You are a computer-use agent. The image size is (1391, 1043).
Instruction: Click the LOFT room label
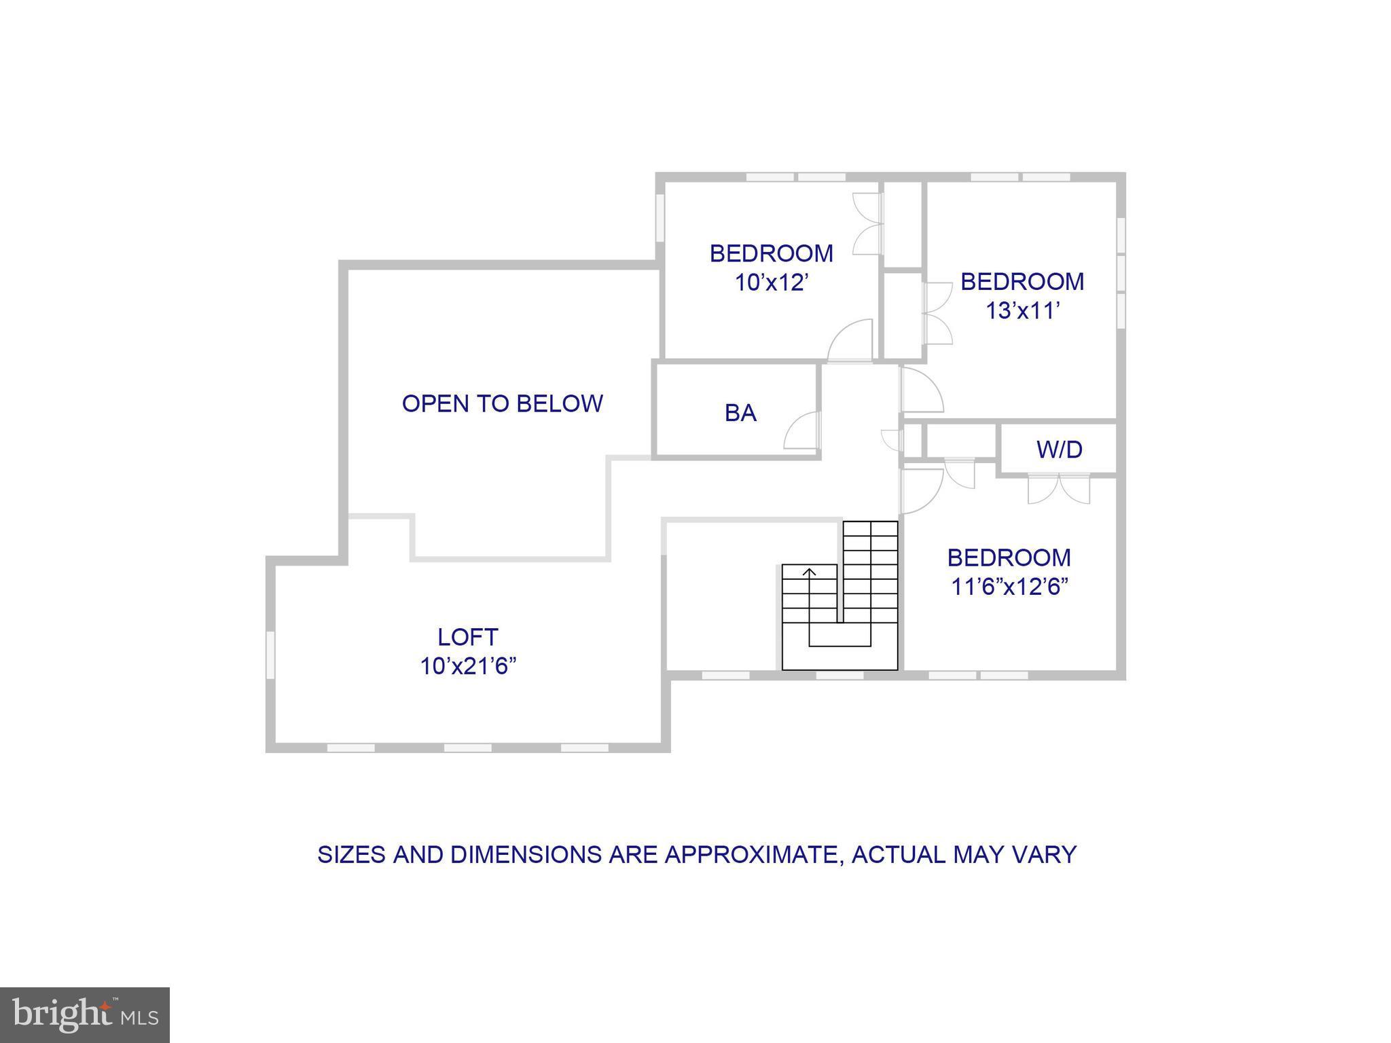click(x=467, y=637)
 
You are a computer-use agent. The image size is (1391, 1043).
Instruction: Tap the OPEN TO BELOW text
click(x=502, y=403)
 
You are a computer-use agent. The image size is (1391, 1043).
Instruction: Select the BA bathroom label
click(x=740, y=413)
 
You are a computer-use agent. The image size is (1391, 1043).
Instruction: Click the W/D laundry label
click(x=1059, y=449)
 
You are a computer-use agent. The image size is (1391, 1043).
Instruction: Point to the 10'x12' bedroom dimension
click(x=771, y=282)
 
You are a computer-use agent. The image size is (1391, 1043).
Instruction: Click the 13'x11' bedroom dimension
click(x=1022, y=311)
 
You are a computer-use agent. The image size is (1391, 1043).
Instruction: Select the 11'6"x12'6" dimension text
click(x=1009, y=587)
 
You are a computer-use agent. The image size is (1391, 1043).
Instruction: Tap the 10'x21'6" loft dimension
click(x=467, y=667)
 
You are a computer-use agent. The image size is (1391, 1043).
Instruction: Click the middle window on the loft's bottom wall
click(x=467, y=748)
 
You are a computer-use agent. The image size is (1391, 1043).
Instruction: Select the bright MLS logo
click(x=84, y=1015)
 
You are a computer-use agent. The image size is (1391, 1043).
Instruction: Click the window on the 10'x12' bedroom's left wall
click(x=659, y=217)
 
